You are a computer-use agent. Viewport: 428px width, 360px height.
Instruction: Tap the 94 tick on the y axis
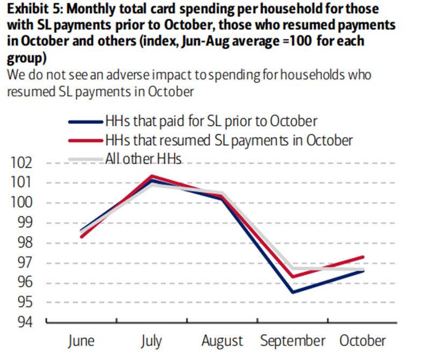23,322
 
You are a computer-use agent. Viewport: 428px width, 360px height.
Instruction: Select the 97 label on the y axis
23,263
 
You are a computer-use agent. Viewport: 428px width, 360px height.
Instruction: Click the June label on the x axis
82,341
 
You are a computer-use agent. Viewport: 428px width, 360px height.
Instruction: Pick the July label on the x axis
152,341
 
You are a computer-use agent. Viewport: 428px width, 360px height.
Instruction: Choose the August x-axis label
222,341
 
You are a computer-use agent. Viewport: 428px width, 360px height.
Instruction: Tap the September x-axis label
292,341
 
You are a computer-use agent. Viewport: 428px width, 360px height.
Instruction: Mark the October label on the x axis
363,341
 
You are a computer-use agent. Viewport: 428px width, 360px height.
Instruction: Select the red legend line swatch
86,140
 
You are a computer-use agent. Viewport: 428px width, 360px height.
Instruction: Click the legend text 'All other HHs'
144,159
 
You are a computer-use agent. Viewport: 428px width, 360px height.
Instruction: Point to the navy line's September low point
292,292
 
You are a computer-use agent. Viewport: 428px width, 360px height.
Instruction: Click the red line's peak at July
152,175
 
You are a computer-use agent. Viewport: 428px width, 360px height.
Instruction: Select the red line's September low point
292,277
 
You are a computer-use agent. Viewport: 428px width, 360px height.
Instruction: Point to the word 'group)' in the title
27,58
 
